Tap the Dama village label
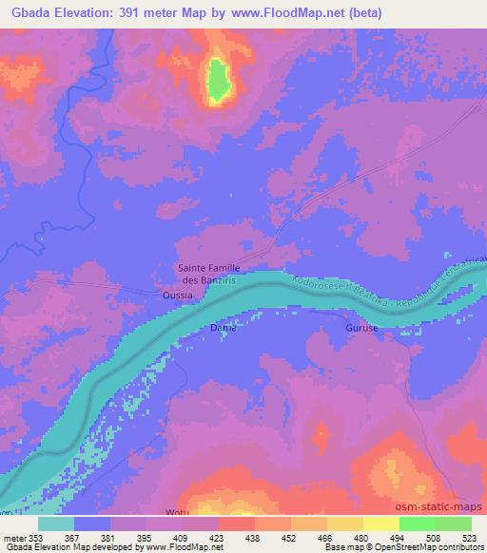coord(222,328)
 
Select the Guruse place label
coord(361,328)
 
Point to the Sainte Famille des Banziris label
coord(209,274)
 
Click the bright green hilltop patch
coord(219,80)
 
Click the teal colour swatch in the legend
coord(56,524)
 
